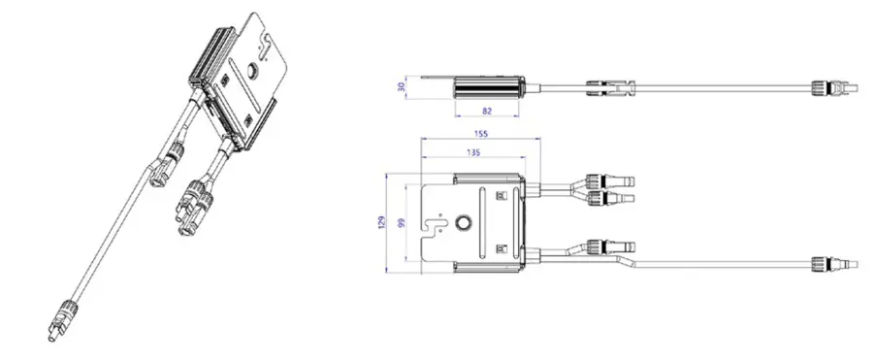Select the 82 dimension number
coord(487,112)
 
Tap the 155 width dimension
coord(481,134)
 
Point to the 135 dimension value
coord(473,152)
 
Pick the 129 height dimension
coord(381,223)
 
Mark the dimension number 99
coord(401,223)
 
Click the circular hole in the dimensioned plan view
coord(462,223)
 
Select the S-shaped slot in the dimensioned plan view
coord(435,225)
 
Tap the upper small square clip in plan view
coord(500,196)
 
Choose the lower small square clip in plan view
coord(500,248)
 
